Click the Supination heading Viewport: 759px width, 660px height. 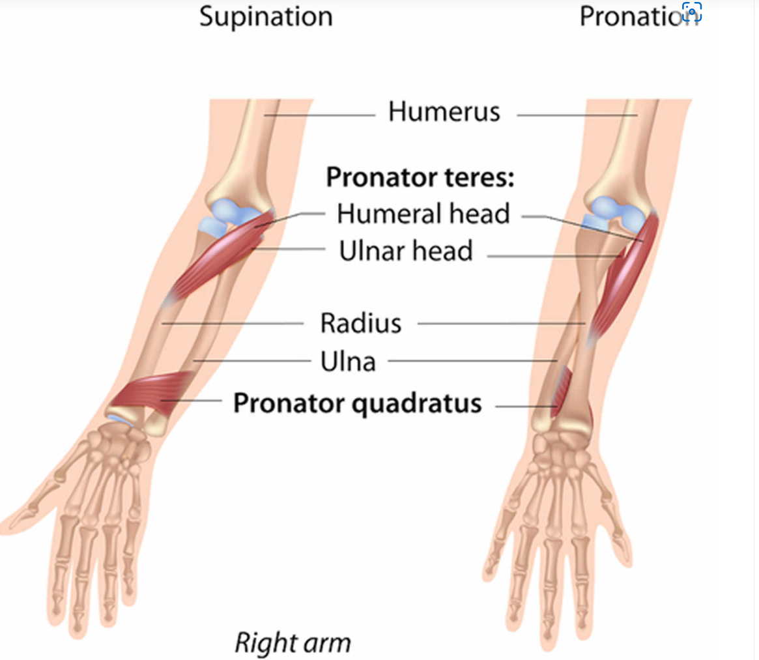tap(266, 18)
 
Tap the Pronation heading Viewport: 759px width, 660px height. tap(639, 16)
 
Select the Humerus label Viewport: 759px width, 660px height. tap(444, 112)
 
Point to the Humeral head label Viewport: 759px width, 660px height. tap(423, 214)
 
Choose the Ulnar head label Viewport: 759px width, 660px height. tap(406, 251)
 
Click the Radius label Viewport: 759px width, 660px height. tap(361, 323)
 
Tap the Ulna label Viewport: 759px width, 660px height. tap(348, 361)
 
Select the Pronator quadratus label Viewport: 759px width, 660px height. tap(358, 403)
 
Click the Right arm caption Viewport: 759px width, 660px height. tap(293, 643)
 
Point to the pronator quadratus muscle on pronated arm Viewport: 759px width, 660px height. tap(562, 390)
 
